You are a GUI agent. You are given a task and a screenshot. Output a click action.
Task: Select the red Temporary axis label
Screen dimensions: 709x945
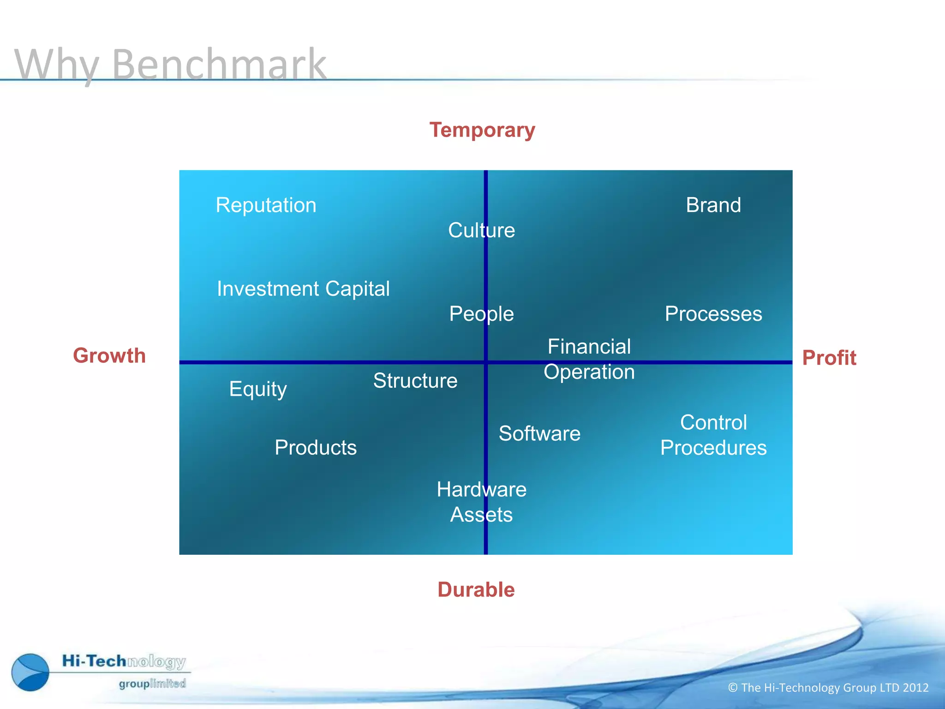click(482, 130)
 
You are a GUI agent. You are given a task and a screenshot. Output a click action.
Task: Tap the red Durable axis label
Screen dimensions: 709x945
click(476, 590)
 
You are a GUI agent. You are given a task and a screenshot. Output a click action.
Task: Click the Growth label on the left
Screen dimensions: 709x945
click(109, 356)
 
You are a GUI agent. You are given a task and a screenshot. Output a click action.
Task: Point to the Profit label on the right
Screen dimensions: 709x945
click(829, 358)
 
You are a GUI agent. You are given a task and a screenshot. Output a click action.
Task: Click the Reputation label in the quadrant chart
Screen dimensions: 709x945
click(266, 205)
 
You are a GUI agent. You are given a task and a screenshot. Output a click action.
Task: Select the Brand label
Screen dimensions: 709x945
click(713, 205)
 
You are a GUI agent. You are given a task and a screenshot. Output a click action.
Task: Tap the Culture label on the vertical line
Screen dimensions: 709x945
click(481, 230)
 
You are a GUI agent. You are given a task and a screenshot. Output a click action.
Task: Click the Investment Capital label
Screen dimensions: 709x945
click(303, 289)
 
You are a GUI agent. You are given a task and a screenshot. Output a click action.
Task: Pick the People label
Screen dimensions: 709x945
click(481, 314)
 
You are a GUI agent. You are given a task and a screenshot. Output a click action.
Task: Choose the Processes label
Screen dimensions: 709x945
click(713, 314)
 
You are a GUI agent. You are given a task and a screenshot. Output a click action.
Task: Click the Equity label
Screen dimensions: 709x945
click(258, 389)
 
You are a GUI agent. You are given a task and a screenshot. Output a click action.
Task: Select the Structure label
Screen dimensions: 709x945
click(415, 381)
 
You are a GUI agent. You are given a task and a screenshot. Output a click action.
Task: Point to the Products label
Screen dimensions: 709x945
click(316, 448)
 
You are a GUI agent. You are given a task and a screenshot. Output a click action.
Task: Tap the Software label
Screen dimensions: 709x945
click(539, 434)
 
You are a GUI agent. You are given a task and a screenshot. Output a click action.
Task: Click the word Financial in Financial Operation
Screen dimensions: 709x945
click(589, 347)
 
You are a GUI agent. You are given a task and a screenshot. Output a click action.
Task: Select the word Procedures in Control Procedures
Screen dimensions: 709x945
click(713, 448)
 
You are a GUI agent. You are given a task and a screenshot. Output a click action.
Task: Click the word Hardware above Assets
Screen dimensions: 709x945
click(481, 490)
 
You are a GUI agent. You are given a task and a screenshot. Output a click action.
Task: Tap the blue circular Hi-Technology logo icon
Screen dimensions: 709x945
click(30, 672)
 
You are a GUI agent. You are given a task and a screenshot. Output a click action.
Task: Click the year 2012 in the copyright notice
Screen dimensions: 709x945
click(915, 688)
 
